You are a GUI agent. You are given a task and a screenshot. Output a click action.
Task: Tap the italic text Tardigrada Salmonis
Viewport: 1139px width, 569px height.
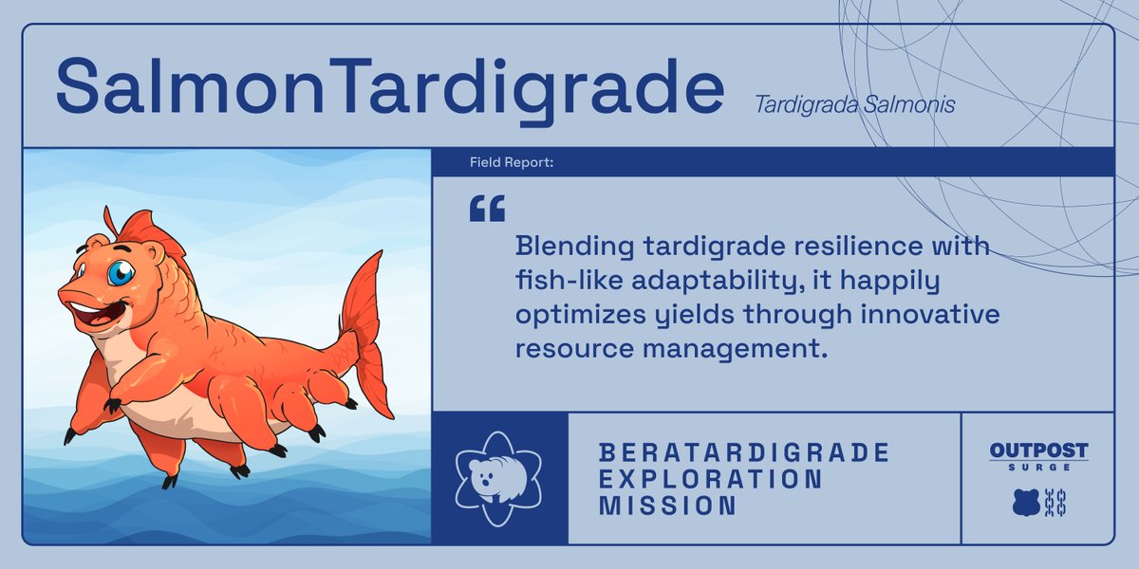(854, 104)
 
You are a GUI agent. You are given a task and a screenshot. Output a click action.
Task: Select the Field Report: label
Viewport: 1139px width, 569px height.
(512, 163)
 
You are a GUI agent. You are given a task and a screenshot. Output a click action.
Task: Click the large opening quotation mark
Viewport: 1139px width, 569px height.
(487, 210)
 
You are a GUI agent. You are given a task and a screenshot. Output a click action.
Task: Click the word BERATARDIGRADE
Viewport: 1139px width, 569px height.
(744, 452)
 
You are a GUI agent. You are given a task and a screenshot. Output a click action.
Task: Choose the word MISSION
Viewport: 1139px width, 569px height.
(667, 505)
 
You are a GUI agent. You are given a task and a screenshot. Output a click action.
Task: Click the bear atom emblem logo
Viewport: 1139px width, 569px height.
(499, 477)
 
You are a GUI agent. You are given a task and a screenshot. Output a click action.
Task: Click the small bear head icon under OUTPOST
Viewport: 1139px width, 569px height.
(1026, 503)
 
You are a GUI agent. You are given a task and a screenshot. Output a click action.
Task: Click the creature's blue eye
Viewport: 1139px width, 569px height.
(120, 273)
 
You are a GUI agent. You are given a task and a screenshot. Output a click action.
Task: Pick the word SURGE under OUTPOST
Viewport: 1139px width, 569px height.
(1038, 468)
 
